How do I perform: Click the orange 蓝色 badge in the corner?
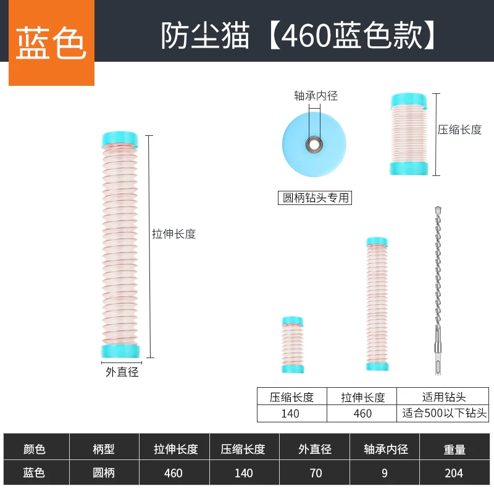tap(51, 43)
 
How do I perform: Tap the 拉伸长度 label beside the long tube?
tap(174, 234)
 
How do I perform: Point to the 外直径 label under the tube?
tap(122, 372)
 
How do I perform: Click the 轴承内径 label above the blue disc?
tap(316, 96)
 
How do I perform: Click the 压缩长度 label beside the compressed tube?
tap(459, 130)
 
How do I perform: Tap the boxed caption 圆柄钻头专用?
tap(316, 198)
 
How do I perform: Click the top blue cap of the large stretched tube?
tap(120, 140)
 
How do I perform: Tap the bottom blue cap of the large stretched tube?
tap(121, 351)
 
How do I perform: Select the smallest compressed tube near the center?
tap(292, 346)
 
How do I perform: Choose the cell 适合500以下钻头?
tap(443, 413)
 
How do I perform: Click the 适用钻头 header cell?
tap(443, 397)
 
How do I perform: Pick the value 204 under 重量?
tap(453, 473)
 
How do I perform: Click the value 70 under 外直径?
tap(315, 473)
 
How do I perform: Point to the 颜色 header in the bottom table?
tap(35, 450)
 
